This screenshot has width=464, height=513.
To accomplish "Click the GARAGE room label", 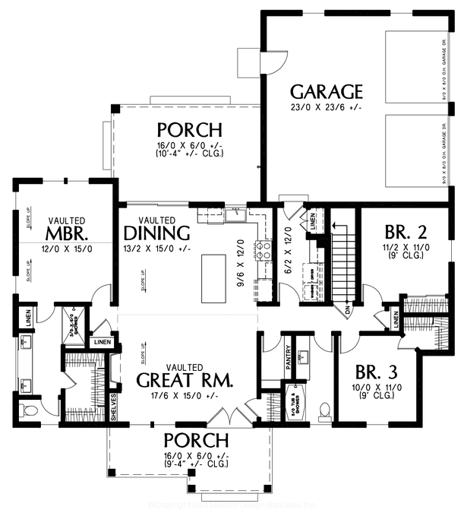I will (327, 92).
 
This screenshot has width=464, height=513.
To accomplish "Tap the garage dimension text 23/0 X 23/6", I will (326, 108).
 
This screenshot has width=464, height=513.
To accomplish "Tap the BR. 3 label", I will (377, 373).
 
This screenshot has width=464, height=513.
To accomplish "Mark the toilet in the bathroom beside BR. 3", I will (325, 411).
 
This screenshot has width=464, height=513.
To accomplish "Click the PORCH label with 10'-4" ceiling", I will (189, 129).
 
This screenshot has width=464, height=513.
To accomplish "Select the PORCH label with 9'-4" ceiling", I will (196, 440).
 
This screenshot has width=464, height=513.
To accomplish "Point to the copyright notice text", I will (232, 505).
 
